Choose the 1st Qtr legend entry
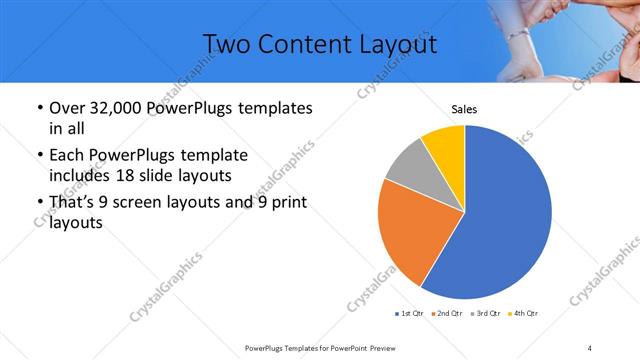409,314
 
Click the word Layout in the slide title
390,44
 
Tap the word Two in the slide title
228,44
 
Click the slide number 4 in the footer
590,347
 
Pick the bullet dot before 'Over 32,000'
38,109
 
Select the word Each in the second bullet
67,157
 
